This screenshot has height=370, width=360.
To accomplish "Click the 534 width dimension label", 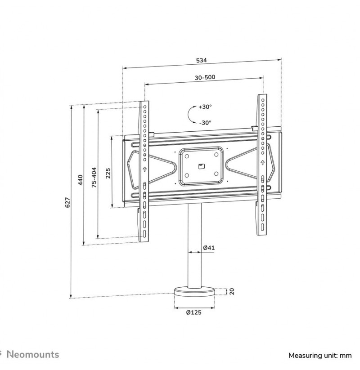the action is (201, 60).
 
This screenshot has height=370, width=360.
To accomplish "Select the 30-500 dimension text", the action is (205, 77).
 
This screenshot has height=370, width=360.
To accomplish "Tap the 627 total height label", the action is (67, 202).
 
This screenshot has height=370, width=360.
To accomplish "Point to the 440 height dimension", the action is (80, 180).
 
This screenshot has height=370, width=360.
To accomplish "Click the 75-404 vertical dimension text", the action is (94, 178).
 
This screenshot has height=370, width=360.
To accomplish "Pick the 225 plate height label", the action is (108, 173).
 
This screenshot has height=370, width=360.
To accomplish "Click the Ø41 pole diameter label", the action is (209, 248).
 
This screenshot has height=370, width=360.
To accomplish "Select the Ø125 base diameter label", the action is (193, 312).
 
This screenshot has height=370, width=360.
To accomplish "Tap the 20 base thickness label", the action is (232, 291).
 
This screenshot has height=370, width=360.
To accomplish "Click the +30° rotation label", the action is (205, 107).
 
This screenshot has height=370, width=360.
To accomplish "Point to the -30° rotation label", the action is (205, 123).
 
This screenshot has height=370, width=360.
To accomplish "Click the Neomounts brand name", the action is (33, 354).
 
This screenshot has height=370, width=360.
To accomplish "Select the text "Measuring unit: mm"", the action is (320, 355).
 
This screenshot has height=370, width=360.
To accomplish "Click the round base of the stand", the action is (194, 292).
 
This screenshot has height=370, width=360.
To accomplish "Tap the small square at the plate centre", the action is (202, 166).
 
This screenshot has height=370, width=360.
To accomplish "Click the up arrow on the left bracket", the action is (144, 169).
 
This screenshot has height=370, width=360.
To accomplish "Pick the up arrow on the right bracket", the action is (262, 162).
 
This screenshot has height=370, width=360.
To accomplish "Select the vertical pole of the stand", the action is (195, 245).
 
